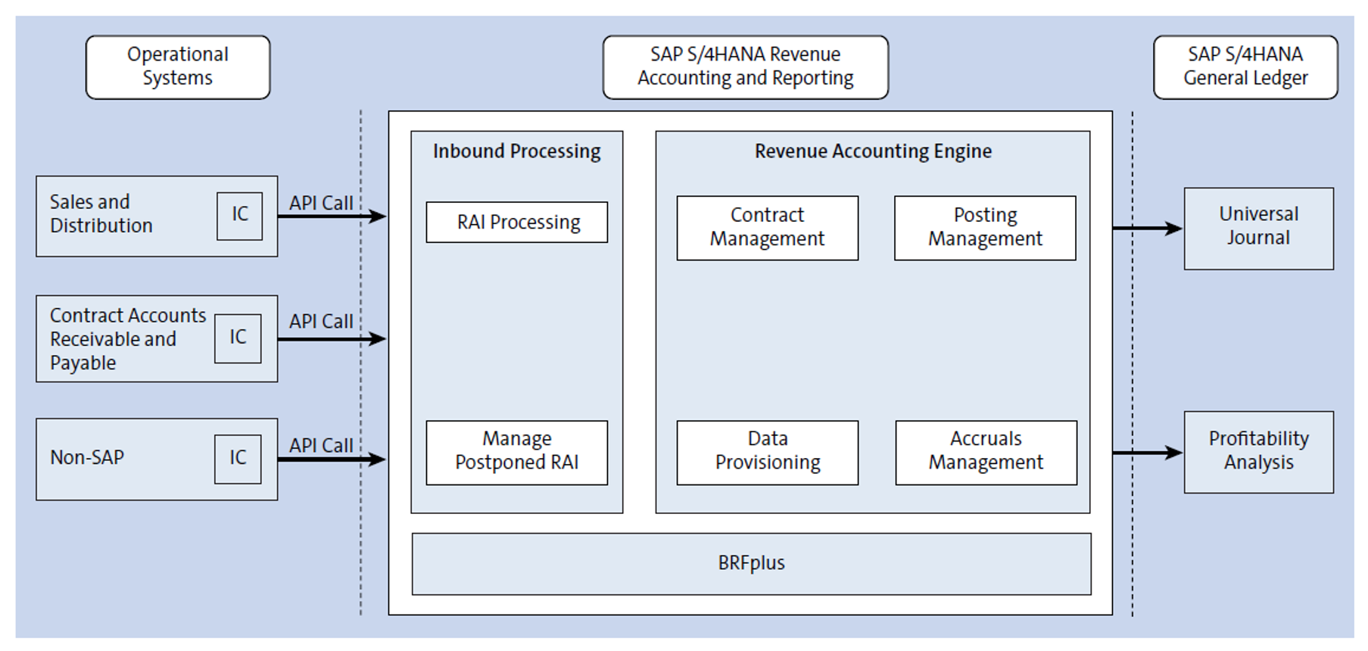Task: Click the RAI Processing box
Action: click(x=517, y=222)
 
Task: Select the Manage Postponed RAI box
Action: click(x=517, y=452)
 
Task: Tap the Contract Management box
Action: click(x=767, y=228)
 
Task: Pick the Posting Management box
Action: click(x=984, y=228)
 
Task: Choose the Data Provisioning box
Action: click(x=767, y=452)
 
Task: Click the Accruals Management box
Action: click(x=986, y=452)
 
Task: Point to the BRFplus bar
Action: click(x=751, y=563)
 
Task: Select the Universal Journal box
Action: click(x=1258, y=228)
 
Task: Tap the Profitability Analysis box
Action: click(x=1258, y=452)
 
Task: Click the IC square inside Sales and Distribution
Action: click(x=239, y=216)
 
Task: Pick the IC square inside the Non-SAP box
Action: click(x=238, y=459)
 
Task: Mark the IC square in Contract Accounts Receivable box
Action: click(x=238, y=338)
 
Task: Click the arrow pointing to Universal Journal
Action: click(x=1146, y=228)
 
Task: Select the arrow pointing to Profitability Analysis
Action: click(x=1146, y=453)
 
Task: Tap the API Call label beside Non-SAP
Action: click(x=321, y=445)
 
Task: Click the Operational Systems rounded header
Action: click(x=178, y=67)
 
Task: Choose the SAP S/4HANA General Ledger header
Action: click(x=1245, y=67)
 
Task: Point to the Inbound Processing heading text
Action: click(x=517, y=151)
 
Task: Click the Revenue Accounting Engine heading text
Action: click(x=872, y=151)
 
